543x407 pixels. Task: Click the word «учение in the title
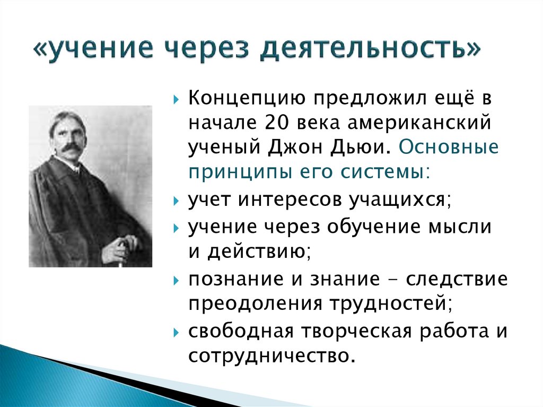click(93, 49)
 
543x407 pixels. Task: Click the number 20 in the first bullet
click(277, 123)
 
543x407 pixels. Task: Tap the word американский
click(419, 123)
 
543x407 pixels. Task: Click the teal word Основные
click(449, 147)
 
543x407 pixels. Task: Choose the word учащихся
click(400, 201)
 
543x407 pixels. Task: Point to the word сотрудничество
click(271, 356)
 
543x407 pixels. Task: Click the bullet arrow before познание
click(176, 280)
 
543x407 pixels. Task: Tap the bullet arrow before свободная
click(176, 333)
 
